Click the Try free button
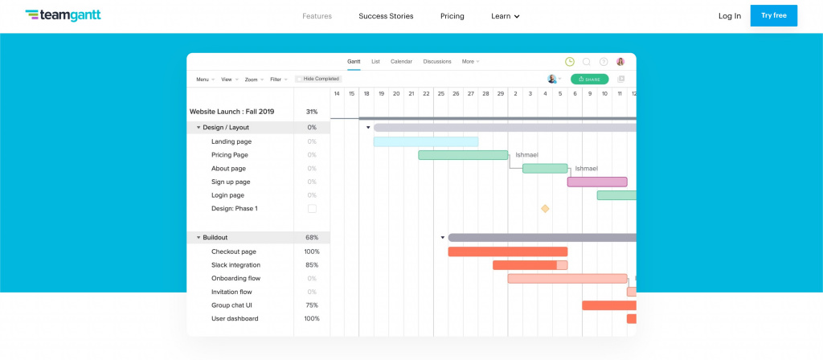pyautogui.click(x=773, y=15)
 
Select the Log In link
pyautogui.click(x=730, y=16)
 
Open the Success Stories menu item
pyautogui.click(x=386, y=16)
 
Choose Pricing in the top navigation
pyautogui.click(x=452, y=16)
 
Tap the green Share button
pyautogui.click(x=589, y=80)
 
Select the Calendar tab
pyautogui.click(x=401, y=62)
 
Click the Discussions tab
pyautogui.click(x=437, y=62)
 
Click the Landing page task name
pyautogui.click(x=231, y=141)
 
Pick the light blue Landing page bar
pyautogui.click(x=425, y=141)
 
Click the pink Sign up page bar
pyautogui.click(x=596, y=182)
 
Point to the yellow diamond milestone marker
pyautogui.click(x=545, y=209)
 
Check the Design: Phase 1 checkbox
pyautogui.click(x=312, y=209)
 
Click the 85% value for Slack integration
pyautogui.click(x=311, y=265)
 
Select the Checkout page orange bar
pyautogui.click(x=507, y=252)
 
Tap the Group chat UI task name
pyautogui.click(x=233, y=305)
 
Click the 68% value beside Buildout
pyautogui.click(x=311, y=238)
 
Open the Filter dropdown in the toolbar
pyautogui.click(x=277, y=80)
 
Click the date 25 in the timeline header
pyautogui.click(x=440, y=94)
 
